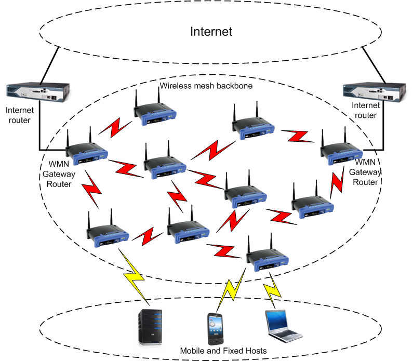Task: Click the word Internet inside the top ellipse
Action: tap(211, 32)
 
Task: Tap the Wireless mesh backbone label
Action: tap(206, 86)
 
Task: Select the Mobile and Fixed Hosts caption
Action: tap(223, 351)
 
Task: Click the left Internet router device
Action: tap(38, 92)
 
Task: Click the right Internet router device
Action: tap(374, 92)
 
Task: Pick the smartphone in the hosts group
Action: tap(216, 329)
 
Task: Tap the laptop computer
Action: tap(284, 326)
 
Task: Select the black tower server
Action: tap(150, 327)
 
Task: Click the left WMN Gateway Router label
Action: tap(59, 174)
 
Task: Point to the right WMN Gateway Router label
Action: tap(365, 172)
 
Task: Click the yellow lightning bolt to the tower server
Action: tap(134, 277)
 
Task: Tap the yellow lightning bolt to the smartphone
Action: tap(231, 290)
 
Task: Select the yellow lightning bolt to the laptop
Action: tap(272, 290)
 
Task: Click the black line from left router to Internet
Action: tap(49, 65)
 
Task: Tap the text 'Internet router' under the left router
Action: tap(20, 115)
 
